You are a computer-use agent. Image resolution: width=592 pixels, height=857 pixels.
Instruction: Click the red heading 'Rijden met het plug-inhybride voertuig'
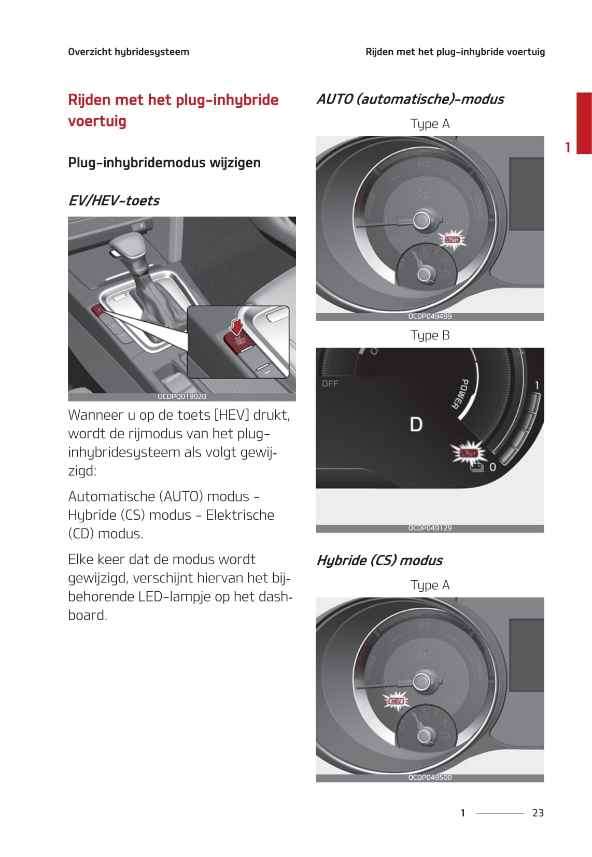[173, 110]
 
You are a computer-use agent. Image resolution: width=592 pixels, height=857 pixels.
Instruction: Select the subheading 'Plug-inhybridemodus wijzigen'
[164, 163]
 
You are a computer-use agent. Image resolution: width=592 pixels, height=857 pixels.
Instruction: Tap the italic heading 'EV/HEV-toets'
[114, 201]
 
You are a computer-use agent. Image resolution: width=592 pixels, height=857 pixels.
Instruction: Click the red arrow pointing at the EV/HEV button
[236, 326]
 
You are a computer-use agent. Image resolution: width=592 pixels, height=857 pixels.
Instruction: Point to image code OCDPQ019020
[182, 396]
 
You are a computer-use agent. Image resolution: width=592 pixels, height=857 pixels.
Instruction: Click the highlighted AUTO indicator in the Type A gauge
[452, 239]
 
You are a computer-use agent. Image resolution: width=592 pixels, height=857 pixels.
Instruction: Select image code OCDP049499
[430, 316]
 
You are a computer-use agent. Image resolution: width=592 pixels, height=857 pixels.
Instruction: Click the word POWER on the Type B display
[458, 394]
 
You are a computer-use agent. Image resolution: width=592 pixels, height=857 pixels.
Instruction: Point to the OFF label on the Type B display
[330, 383]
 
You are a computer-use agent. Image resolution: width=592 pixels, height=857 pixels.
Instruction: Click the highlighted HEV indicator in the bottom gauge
[396, 701]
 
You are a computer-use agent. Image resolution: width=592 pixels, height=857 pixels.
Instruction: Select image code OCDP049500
[430, 777]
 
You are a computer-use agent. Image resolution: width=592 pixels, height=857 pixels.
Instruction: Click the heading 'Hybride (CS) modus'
[379, 560]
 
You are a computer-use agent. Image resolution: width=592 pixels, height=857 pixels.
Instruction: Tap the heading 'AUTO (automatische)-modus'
[410, 99]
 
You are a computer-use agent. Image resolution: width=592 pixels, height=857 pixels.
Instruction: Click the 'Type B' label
[430, 335]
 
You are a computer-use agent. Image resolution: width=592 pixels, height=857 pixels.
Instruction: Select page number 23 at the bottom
[538, 813]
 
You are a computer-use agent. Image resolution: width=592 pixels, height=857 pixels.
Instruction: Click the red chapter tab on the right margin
[584, 123]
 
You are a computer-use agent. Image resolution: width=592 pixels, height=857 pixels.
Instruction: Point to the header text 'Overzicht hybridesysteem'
[129, 52]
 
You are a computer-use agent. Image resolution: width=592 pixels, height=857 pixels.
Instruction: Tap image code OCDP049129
[430, 528]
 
